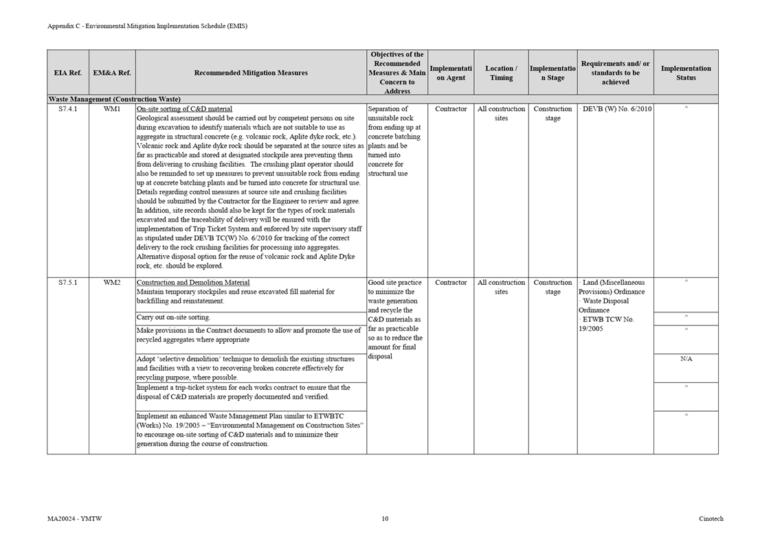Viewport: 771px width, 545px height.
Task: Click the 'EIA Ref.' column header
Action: (67, 73)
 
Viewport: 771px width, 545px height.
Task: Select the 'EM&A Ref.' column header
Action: (112, 73)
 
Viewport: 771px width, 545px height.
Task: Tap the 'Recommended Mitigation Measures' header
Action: (251, 73)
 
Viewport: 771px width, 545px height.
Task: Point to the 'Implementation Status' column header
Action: (686, 73)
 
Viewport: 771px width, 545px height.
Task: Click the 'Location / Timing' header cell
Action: (501, 73)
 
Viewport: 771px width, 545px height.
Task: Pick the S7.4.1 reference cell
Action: (68, 109)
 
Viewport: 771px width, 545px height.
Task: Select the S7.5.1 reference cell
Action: (68, 283)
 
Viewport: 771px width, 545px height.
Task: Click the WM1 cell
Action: (112, 109)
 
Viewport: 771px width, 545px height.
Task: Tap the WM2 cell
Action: (112, 283)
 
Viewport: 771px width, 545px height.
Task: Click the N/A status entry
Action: (686, 359)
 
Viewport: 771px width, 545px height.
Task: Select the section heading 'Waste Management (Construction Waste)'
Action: (114, 100)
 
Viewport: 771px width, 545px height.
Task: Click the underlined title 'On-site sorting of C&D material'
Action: (184, 109)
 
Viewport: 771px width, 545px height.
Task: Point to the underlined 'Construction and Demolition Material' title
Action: (193, 283)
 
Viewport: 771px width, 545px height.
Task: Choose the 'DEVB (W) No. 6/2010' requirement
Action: (616, 109)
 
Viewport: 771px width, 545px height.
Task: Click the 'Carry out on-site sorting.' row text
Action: (173, 318)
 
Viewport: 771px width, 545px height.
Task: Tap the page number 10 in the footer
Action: (385, 519)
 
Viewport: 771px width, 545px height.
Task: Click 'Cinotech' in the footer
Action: (711, 519)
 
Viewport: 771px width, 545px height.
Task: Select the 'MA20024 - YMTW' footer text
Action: (75, 519)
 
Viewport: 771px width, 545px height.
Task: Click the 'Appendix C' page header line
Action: (147, 26)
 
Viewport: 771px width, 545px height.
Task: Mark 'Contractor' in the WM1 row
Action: (451, 109)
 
